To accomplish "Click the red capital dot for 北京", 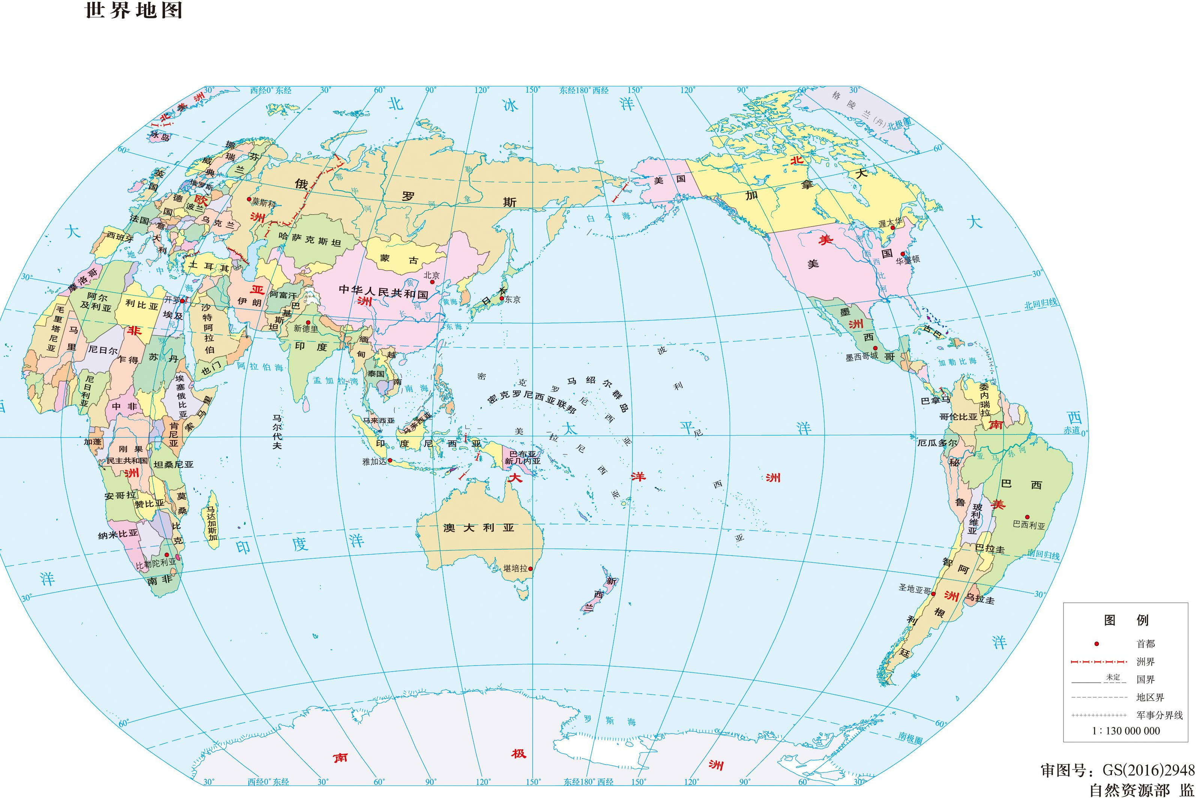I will click(432, 281).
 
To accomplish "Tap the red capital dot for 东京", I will click(502, 299).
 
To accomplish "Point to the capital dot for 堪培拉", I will click(530, 568).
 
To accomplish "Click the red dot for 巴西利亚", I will click(1027, 517).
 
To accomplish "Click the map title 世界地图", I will click(133, 10).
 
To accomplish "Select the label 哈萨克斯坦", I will click(310, 240).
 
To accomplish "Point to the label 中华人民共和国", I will click(384, 291).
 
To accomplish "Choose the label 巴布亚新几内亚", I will click(522, 457).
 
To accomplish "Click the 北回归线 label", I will click(1041, 304).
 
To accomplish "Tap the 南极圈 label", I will click(910, 738).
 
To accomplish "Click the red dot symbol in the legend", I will click(1097, 644).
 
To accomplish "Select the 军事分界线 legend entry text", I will click(1159, 715).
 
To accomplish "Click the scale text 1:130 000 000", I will click(1126, 731).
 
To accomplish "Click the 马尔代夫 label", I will click(277, 431).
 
